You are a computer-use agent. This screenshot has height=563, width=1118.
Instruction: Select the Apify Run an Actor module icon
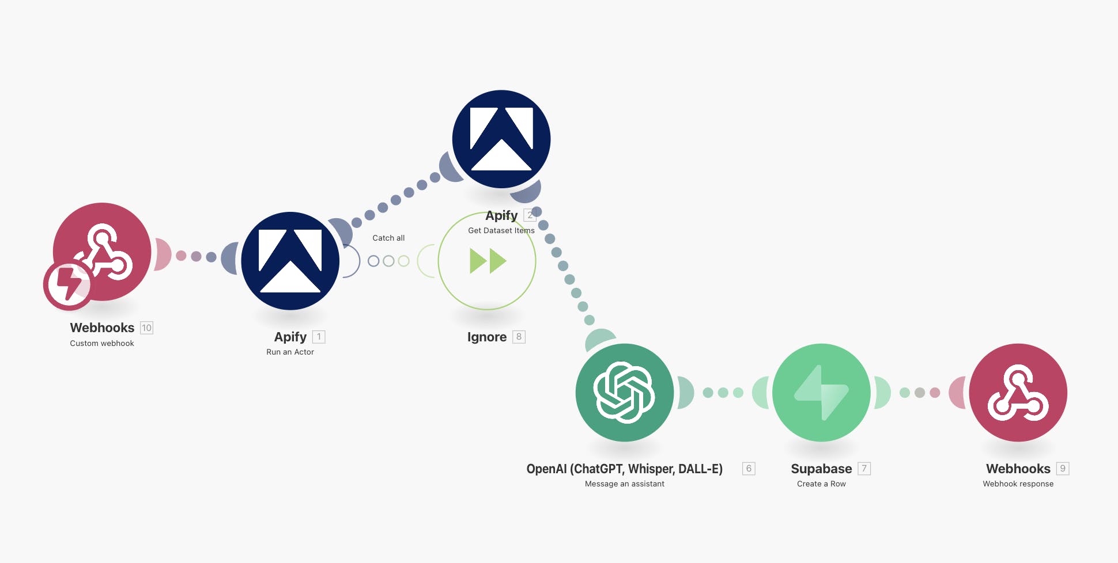tap(290, 261)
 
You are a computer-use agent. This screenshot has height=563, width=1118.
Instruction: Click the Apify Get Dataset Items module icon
tap(501, 139)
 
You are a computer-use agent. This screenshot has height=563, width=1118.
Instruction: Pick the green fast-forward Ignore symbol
tap(488, 261)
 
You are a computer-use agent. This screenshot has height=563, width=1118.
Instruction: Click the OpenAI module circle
tap(625, 393)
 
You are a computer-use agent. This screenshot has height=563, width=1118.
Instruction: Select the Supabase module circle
tap(821, 393)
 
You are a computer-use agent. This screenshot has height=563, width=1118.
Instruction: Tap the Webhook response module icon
tap(1018, 393)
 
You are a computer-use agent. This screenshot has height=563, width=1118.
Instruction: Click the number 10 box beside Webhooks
tap(147, 328)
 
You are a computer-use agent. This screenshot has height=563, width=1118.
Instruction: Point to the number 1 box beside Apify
tap(319, 337)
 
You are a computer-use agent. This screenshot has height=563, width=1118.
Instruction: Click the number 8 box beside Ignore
tap(519, 337)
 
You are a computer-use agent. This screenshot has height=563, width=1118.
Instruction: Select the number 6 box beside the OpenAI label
tap(749, 469)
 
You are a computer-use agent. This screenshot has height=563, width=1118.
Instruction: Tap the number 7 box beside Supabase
tap(864, 469)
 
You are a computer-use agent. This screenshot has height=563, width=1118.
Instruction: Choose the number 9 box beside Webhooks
tap(1063, 469)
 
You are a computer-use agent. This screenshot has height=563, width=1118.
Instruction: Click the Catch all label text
tap(388, 238)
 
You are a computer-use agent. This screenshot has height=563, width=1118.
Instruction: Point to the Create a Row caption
tap(821, 484)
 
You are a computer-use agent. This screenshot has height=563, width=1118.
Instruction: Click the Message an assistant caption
tap(625, 484)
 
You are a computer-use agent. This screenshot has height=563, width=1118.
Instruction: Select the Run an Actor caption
tap(290, 352)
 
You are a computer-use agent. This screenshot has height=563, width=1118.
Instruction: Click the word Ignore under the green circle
tap(487, 337)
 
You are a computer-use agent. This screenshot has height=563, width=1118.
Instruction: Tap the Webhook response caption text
tap(1018, 484)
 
